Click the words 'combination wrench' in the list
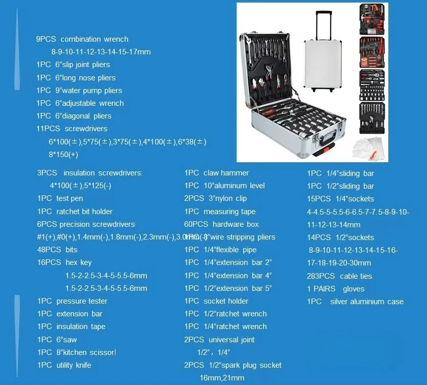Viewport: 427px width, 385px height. click(94, 39)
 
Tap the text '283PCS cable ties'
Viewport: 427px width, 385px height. click(339, 276)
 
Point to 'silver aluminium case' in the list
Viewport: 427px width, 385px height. click(366, 302)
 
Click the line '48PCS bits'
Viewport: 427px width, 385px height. click(57, 250)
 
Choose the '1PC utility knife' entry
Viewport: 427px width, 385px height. click(64, 365)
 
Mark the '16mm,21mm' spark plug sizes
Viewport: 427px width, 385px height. click(221, 378)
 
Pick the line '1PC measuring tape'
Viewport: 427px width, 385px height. click(220, 212)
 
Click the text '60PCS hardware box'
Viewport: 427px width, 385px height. click(221, 224)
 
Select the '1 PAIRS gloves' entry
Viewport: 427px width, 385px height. click(335, 289)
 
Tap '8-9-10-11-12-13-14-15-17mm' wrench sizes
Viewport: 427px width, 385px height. click(101, 52)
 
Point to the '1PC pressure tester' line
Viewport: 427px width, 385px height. click(72, 301)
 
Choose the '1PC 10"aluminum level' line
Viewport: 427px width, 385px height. click(224, 186)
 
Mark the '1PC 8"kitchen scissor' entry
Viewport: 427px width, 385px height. click(76, 352)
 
